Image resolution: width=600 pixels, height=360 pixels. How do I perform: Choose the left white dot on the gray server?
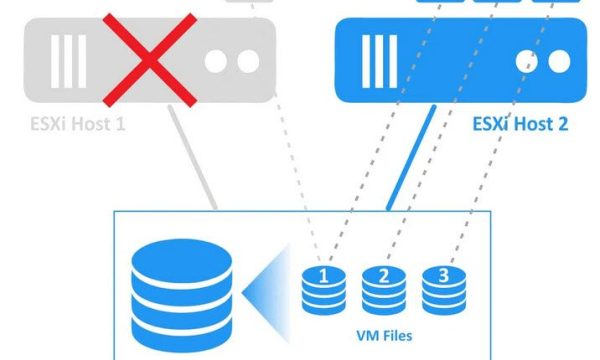(x=217, y=60)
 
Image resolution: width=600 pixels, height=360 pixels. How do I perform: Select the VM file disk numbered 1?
(x=323, y=285)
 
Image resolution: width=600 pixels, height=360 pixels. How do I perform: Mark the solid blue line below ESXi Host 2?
(x=410, y=165)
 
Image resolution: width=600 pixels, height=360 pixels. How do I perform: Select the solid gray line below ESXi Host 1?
(x=197, y=165)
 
